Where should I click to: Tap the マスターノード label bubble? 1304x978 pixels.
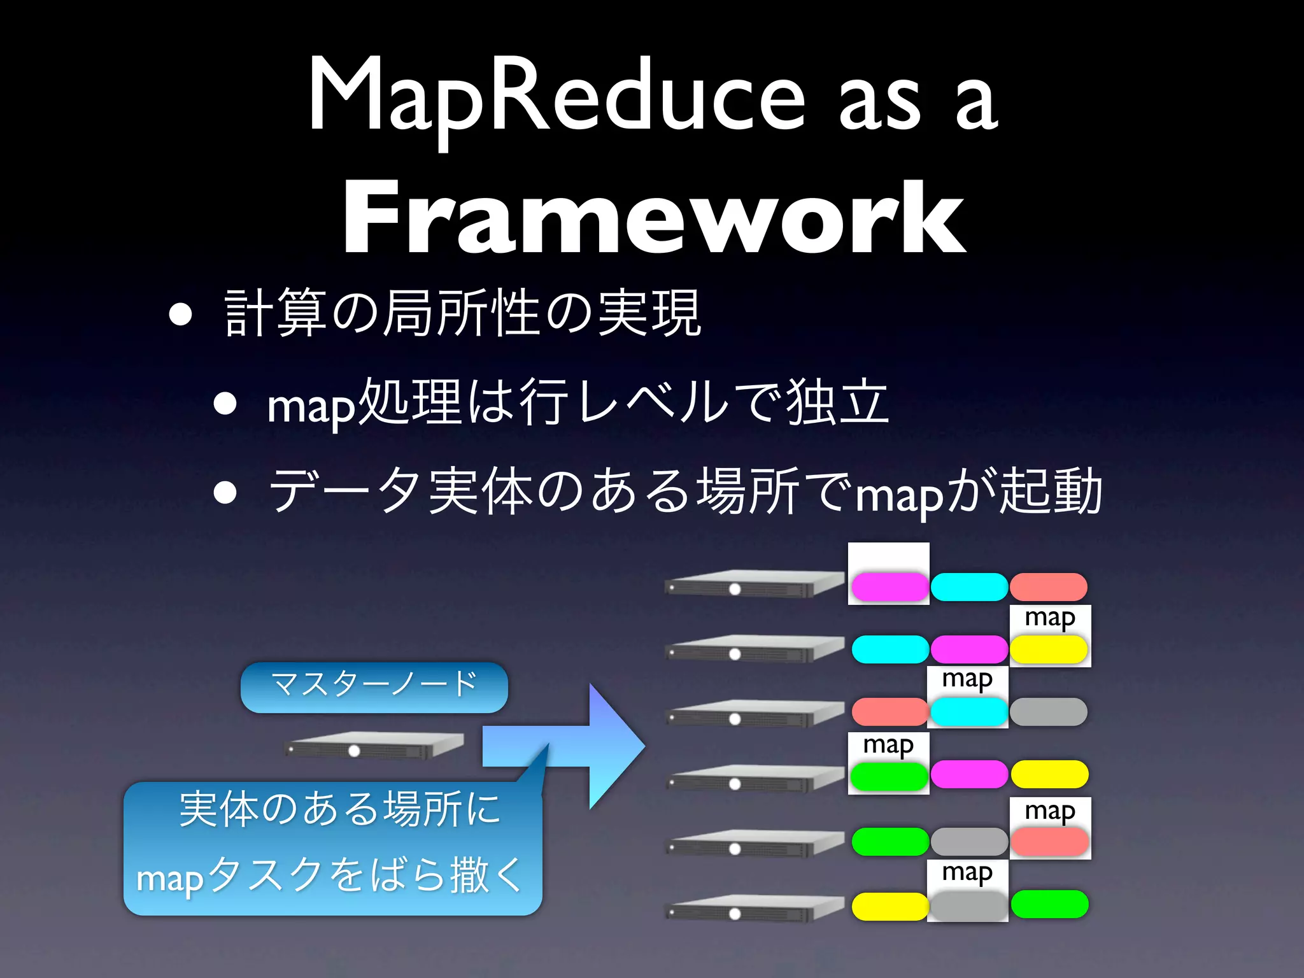click(374, 686)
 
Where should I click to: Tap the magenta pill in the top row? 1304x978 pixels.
click(889, 586)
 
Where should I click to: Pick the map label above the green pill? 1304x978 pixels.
click(888, 744)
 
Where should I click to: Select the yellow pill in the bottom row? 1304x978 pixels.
click(889, 906)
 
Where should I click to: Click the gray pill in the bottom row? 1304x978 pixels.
click(968, 905)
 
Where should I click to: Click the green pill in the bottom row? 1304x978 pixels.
click(1049, 904)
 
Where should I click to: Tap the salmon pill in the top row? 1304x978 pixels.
click(1048, 586)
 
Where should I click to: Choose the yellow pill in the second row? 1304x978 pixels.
click(1049, 649)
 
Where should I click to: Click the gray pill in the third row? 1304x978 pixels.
click(1048, 711)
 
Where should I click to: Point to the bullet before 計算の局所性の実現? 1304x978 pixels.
click(181, 314)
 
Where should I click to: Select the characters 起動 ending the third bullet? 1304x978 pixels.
click(1050, 491)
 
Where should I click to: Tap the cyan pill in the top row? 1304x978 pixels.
click(968, 586)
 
